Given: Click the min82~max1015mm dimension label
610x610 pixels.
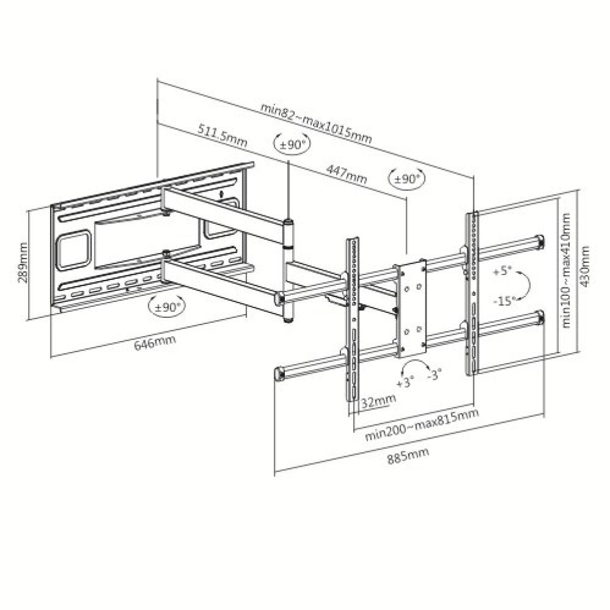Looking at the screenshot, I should click(316, 124).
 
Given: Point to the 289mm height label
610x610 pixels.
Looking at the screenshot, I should click(24, 262).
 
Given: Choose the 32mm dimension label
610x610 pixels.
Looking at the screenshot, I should click(376, 401).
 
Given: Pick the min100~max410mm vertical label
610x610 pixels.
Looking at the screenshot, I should click(566, 270).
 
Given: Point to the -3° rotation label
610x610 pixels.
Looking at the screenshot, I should click(434, 374).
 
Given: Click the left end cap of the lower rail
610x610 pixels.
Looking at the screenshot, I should click(280, 373).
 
